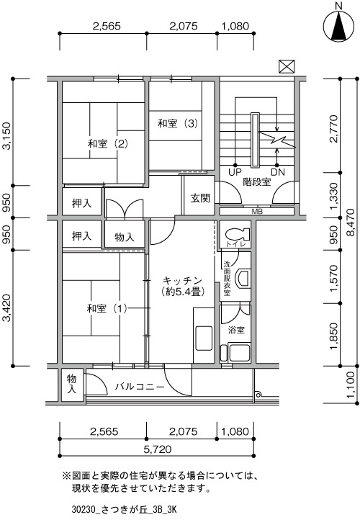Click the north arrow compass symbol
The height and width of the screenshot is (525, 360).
tap(338, 27)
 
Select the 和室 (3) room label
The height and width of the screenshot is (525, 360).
tap(178, 124)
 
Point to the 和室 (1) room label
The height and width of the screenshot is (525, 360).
tap(107, 308)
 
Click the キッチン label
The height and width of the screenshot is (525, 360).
tap(182, 280)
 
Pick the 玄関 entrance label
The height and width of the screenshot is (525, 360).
tap(200, 198)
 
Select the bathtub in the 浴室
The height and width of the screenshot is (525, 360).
tap(239, 352)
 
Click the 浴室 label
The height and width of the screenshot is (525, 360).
tap(236, 330)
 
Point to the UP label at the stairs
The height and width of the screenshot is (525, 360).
tap(235, 172)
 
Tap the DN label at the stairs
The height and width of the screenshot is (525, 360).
tap(278, 172)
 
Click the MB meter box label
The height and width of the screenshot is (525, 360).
tap(257, 212)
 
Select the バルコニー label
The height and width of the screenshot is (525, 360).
tap(140, 387)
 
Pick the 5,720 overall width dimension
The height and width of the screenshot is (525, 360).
tap(158, 449)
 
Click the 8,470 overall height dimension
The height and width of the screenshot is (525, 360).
tap(351, 223)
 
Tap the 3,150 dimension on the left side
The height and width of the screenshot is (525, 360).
tap(6, 135)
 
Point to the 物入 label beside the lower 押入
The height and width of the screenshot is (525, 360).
tap(125, 238)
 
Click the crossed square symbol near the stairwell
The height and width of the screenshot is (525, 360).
tap(287, 66)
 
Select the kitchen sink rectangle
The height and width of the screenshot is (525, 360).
tap(203, 338)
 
